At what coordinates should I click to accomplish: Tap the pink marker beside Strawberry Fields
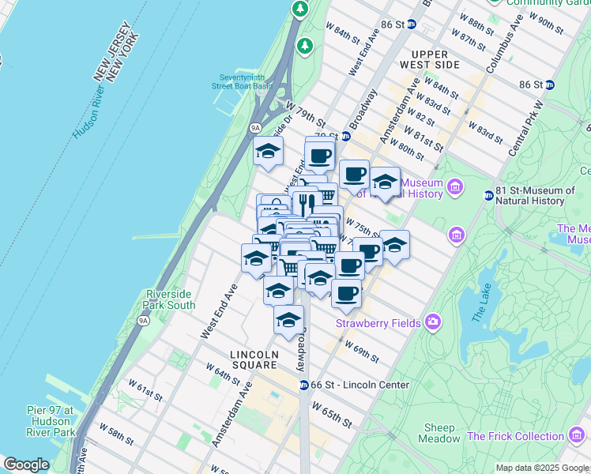pos(432,322)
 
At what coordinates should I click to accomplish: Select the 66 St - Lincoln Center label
pos(360,385)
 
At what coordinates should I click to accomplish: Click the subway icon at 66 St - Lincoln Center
pos(303,385)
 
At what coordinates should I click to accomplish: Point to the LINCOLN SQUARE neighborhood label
pos(254,359)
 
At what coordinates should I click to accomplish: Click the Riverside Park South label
pos(170,299)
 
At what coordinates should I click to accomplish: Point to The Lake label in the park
pos(483,305)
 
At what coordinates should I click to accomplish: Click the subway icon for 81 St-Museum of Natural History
pos(488,195)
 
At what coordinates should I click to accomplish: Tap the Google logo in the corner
pos(26,465)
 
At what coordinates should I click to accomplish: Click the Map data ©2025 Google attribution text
pos(542,468)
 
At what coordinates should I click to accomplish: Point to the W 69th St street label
pos(361,351)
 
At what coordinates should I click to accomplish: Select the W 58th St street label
pos(119,435)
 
